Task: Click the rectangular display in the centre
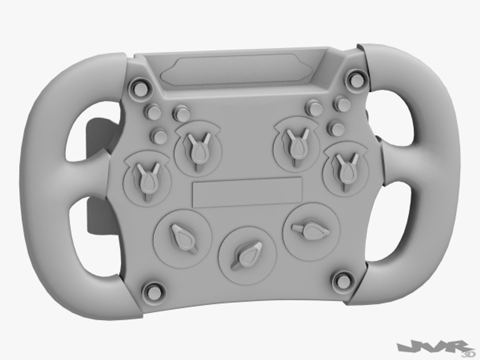[x=247, y=192]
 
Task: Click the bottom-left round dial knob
[x=182, y=237]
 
